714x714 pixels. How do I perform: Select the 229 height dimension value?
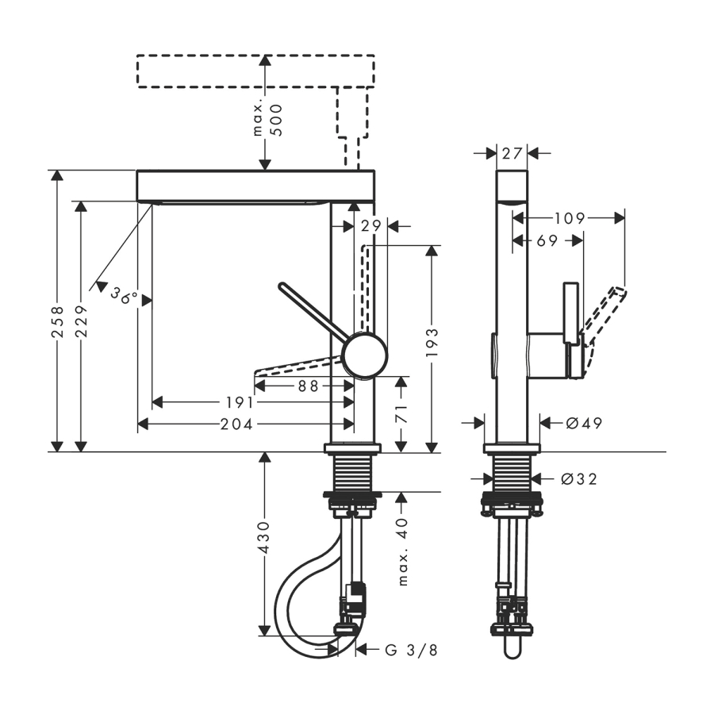coord(81,322)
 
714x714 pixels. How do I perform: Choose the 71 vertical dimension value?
coord(401,413)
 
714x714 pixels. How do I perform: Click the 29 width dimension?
coord(370,226)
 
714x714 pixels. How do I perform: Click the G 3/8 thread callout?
coord(411,650)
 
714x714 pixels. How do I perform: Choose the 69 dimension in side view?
coord(547,240)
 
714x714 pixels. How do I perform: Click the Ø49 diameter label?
coord(584,423)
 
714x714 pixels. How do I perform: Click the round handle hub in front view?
coord(365,355)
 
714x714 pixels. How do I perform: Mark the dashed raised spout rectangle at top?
coord(254,71)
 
